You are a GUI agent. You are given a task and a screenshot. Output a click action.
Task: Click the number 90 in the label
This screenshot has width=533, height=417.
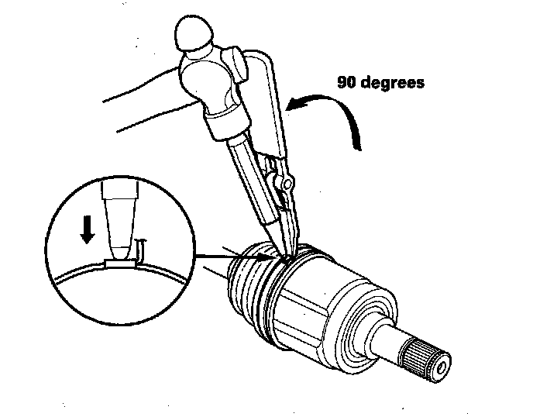(x=347, y=82)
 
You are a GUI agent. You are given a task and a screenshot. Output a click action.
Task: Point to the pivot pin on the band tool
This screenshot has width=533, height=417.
(x=287, y=183)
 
